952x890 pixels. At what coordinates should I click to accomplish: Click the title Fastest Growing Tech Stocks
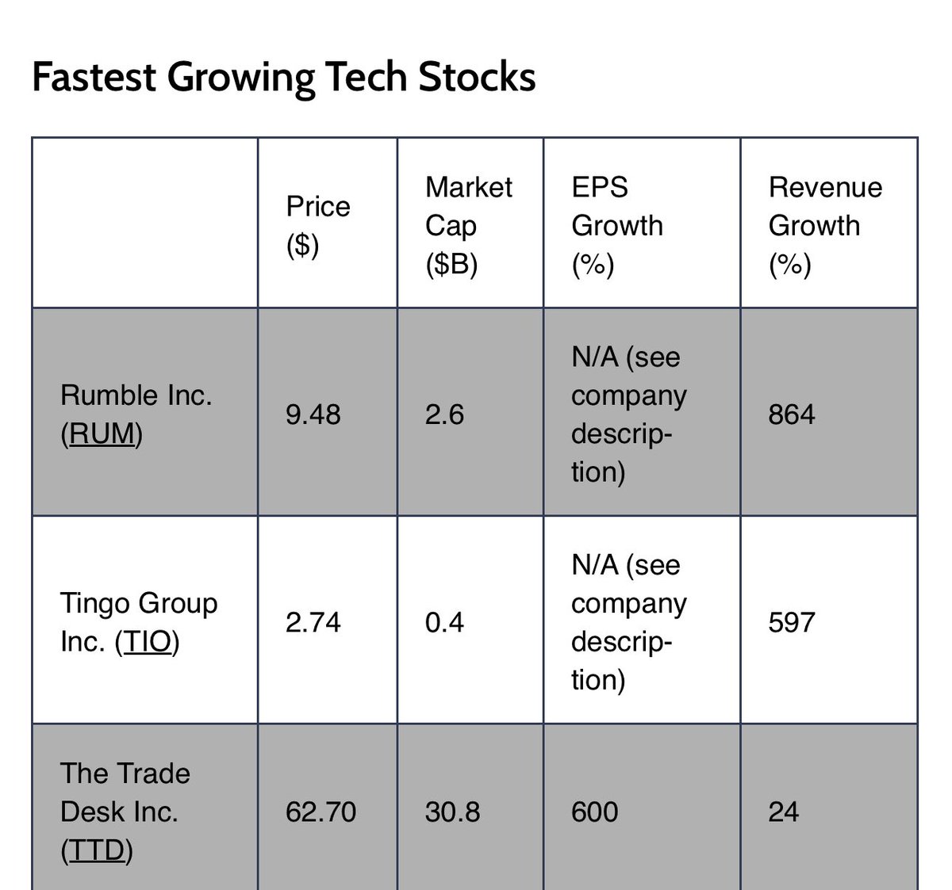pos(283,78)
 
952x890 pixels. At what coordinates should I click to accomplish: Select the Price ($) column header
pos(318,226)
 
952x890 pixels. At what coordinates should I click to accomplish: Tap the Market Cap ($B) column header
pos(468,226)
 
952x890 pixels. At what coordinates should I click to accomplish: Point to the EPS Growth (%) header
pos(616,226)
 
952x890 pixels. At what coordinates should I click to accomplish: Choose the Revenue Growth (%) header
pos(824,226)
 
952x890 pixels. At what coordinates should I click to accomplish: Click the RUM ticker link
pos(101,434)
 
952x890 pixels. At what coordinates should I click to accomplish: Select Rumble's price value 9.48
pos(313,414)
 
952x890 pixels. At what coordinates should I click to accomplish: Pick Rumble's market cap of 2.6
pos(444,414)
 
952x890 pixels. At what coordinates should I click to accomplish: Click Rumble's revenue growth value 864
pos(791,414)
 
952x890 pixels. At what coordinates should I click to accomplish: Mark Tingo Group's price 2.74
pos(313,623)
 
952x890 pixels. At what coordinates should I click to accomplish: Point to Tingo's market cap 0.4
pos(444,623)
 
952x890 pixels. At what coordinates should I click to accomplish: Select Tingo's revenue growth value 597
pos(791,623)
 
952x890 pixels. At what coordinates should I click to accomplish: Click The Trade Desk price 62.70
pos(321,812)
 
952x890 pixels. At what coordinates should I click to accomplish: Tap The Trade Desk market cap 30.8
pos(452,812)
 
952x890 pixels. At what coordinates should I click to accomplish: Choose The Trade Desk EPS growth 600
pos(594,812)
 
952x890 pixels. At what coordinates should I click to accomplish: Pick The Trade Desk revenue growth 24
pos(783,812)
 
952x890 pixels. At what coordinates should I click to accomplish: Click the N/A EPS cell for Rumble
pos(628,414)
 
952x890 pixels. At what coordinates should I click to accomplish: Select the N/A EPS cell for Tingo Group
pos(628,623)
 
